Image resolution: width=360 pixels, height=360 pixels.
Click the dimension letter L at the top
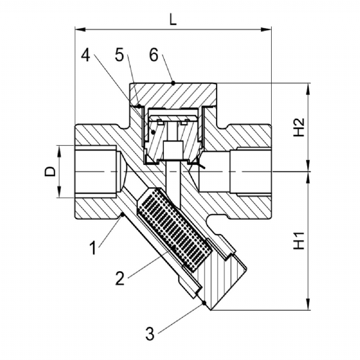pos(173,20)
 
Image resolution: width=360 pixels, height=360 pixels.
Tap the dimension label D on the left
pos(50,172)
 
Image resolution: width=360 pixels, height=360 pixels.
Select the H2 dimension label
pos(299,127)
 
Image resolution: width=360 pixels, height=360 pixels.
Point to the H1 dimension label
pos(299,241)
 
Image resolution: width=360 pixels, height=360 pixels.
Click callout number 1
pos(93,248)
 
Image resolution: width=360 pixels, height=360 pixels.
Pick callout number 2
pos(120,278)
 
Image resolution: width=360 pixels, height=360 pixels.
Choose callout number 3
pos(150,334)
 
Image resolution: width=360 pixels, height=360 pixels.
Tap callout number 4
pos(86,55)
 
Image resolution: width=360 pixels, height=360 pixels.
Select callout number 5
pos(119,55)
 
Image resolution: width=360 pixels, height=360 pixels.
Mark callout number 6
pos(154,55)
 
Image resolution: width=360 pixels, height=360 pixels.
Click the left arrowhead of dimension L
pos(80,29)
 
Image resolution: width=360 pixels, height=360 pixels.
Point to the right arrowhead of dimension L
pos(266,29)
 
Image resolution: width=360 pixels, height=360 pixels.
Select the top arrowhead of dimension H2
pos(308,88)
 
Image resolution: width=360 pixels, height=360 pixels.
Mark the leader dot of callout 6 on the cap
pos(173,83)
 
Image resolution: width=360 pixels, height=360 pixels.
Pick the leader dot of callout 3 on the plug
pos(203,303)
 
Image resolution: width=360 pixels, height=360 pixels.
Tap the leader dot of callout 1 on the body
pos(122,214)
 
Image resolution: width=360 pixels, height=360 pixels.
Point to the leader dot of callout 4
pos(154,132)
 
